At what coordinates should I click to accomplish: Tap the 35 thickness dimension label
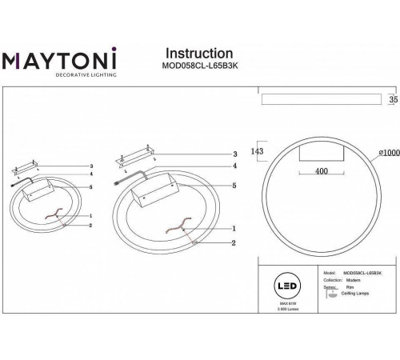(392, 100)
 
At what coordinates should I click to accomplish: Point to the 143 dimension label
(257, 150)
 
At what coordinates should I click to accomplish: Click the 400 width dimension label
(321, 171)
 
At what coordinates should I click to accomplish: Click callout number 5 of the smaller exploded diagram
(91, 186)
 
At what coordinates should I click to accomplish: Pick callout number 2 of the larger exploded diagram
(233, 242)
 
